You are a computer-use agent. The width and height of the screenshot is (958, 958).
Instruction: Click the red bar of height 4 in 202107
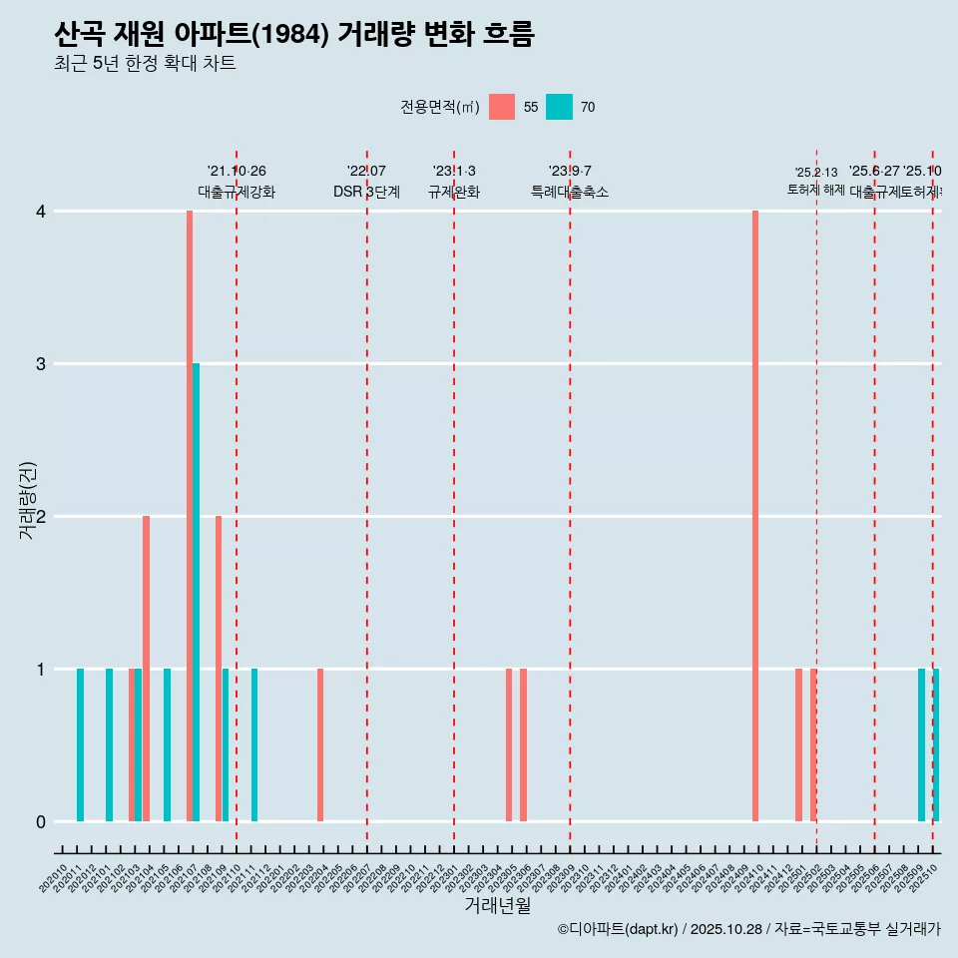[x=190, y=516]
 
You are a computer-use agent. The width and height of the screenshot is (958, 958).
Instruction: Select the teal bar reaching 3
[x=197, y=592]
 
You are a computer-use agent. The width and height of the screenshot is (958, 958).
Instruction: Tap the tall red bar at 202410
[x=755, y=516]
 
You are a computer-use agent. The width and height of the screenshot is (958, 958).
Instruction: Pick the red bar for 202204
[x=320, y=744]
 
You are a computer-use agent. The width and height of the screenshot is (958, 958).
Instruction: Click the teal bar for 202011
[x=80, y=744]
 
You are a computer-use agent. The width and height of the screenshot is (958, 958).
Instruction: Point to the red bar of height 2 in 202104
[x=146, y=669]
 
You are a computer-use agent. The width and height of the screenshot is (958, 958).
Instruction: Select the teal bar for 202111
[x=254, y=744]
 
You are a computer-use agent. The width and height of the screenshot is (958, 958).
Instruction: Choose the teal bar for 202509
[x=921, y=744]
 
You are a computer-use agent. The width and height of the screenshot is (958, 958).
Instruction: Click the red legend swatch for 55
[x=502, y=107]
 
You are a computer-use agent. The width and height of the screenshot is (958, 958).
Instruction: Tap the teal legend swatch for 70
[x=560, y=107]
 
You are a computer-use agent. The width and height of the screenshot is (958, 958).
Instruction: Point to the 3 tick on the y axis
[x=41, y=364]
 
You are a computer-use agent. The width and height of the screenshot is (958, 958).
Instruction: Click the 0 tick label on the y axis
[x=41, y=822]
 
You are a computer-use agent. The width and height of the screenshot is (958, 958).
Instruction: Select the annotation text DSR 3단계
[x=366, y=193]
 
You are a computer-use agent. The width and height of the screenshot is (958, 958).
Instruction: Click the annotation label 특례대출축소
[x=569, y=193]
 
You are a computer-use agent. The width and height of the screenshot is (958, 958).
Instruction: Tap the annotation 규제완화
[x=454, y=193]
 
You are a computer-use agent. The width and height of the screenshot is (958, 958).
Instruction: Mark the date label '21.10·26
[x=237, y=172]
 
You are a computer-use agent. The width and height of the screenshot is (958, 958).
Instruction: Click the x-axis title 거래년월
[x=497, y=905]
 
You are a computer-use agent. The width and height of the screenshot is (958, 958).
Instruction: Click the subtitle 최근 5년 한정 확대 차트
[x=145, y=64]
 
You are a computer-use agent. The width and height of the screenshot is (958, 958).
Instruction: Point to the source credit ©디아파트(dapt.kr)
[x=618, y=930]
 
